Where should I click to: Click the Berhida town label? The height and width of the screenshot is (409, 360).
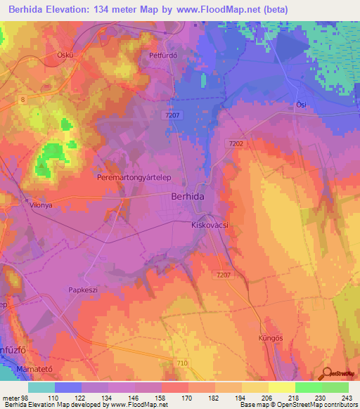(188, 197)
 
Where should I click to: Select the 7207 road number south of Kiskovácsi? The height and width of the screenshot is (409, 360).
(224, 275)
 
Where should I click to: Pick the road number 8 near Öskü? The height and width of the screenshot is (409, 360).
(23, 100)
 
